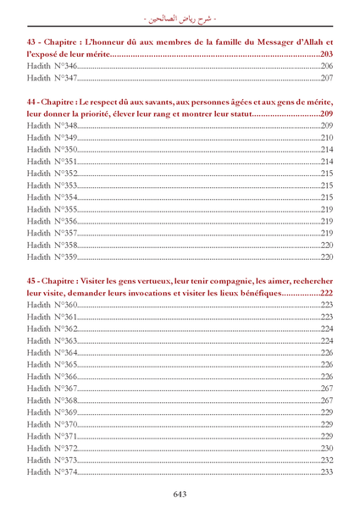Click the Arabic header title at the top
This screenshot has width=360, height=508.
point(180,14)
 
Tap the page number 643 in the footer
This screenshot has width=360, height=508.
point(180,494)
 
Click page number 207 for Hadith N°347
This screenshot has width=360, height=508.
point(327,78)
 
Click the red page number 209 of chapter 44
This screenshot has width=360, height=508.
point(327,113)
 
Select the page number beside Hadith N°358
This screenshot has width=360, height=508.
point(327,245)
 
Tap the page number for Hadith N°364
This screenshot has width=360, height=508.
point(327,352)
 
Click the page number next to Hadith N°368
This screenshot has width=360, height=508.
point(327,400)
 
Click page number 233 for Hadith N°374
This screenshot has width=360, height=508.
point(327,472)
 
